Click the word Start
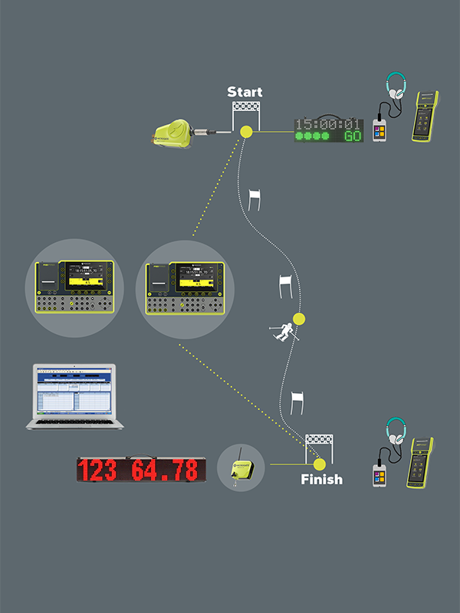[x=245, y=93]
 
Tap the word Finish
[x=321, y=480]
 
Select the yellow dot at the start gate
[x=246, y=131]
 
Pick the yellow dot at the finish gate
[x=319, y=464]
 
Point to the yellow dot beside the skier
[x=299, y=319]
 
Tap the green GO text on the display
[x=353, y=136]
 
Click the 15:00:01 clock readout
[x=328, y=124]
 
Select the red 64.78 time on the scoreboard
[x=166, y=469]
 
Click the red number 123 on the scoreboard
[x=103, y=469]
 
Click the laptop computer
[x=72, y=395]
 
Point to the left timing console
[x=74, y=287]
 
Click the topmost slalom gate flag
[x=255, y=197]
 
